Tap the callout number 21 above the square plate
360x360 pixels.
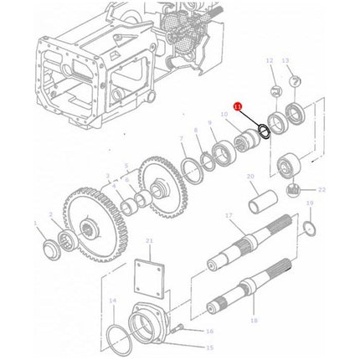point(149,242)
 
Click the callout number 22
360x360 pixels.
point(321,191)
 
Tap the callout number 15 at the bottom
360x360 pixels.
point(210,347)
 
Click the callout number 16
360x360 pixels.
point(209,331)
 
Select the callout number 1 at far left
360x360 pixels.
point(35,224)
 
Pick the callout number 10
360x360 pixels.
point(224,114)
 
